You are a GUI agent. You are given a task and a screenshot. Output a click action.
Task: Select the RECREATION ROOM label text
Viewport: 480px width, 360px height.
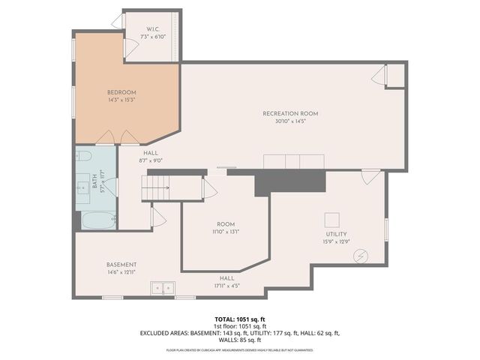coord(290,113)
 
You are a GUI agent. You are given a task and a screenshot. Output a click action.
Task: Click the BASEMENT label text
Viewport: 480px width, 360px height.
coord(121,265)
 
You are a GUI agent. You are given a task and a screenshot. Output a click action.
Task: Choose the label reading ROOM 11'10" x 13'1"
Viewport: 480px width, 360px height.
coord(226,224)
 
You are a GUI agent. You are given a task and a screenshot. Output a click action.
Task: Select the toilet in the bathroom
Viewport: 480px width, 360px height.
coord(83,156)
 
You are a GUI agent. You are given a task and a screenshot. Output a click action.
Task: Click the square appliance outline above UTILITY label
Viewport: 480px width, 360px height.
coord(331,219)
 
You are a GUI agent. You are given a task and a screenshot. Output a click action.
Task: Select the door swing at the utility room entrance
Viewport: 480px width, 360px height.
coord(369,177)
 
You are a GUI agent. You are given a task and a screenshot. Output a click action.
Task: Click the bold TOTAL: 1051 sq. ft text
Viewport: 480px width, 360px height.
coord(239,319)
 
